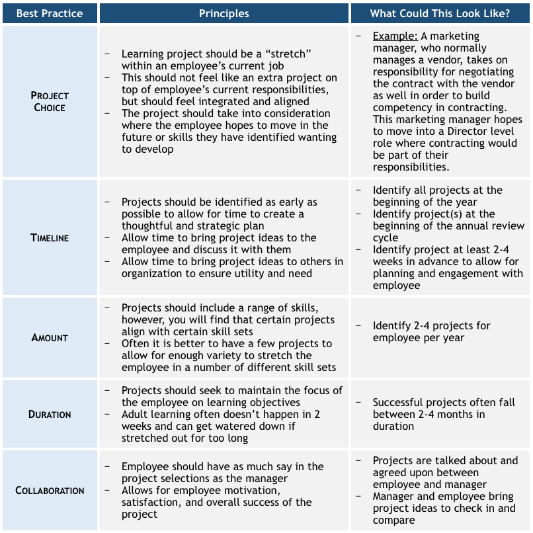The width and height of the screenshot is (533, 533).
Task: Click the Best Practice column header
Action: click(50, 13)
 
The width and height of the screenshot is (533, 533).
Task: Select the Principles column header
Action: click(224, 13)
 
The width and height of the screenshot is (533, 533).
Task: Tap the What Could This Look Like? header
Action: click(440, 13)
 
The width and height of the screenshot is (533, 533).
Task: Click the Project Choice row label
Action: click(50, 101)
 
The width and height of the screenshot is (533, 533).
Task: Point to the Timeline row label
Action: click(50, 238)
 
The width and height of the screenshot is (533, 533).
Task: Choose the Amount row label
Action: click(50, 337)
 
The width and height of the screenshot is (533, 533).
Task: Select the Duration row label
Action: click(50, 415)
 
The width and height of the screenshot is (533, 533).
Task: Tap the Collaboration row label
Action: click(50, 491)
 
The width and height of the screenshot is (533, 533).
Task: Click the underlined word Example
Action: click(395, 36)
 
